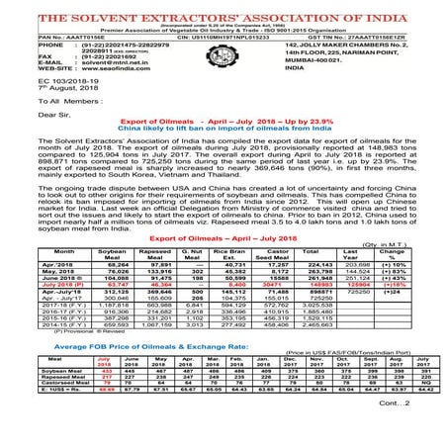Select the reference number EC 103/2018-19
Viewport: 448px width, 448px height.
point(37,81)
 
